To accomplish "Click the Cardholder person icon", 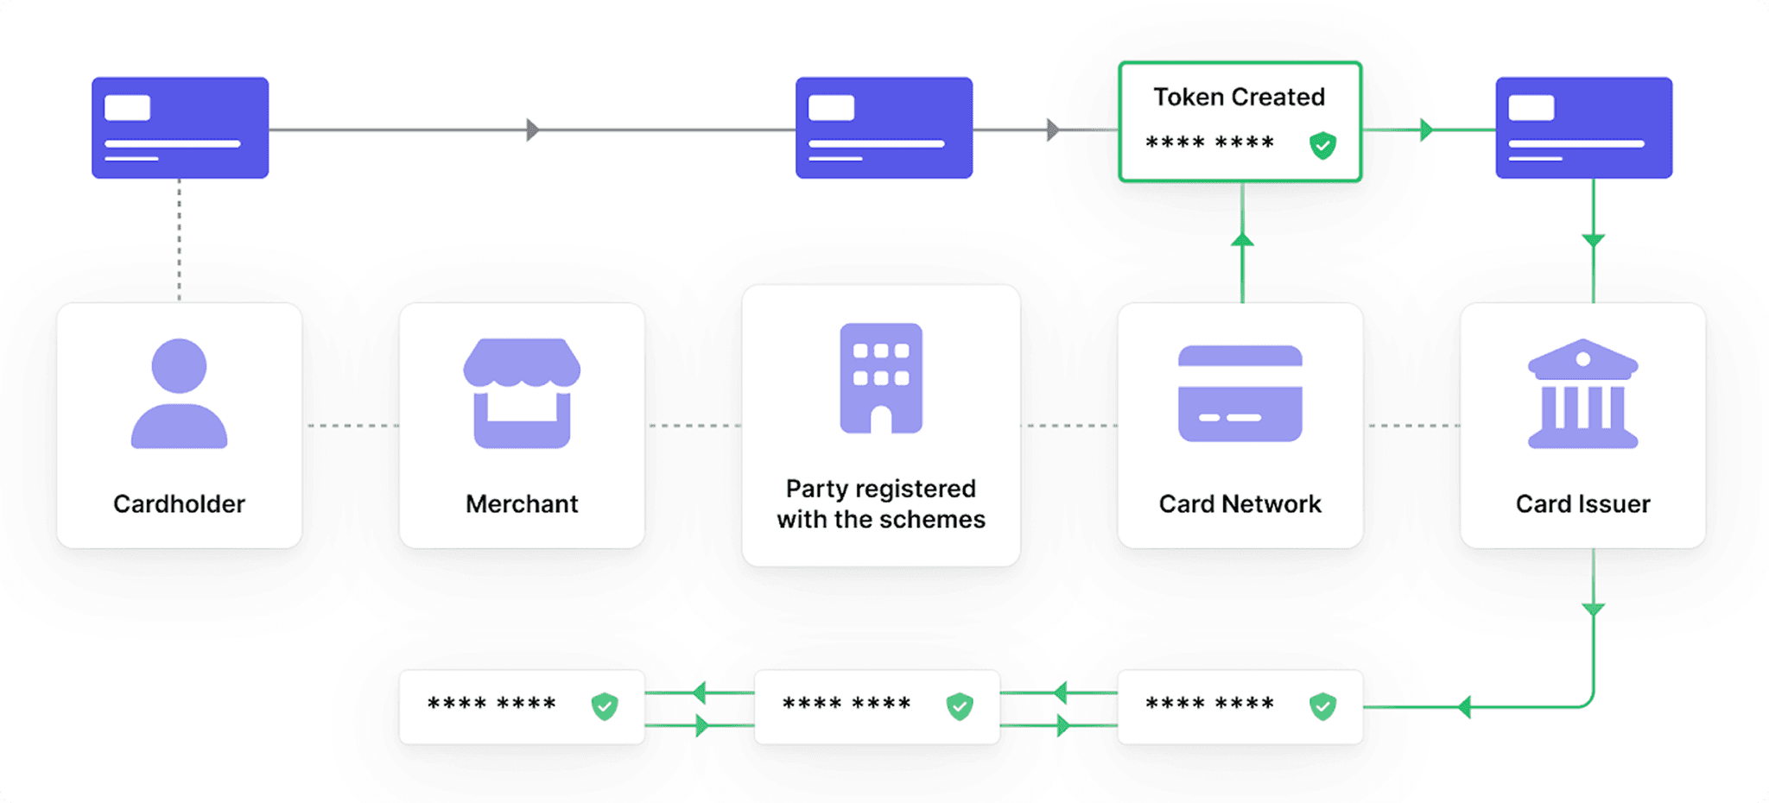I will pyautogui.click(x=179, y=394).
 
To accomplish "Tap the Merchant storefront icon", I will pyautogui.click(x=522, y=394).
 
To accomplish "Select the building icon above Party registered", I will pyautogui.click(x=881, y=378).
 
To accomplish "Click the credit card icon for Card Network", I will pyautogui.click(x=1240, y=394).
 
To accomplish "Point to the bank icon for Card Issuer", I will pyautogui.click(x=1582, y=394).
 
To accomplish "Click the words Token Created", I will pyautogui.click(x=1239, y=97).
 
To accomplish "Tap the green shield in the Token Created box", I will pyautogui.click(x=1322, y=145).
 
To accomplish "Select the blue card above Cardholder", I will pyautogui.click(x=180, y=128).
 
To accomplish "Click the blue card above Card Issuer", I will pyautogui.click(x=1583, y=128).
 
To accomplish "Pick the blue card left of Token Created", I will pyautogui.click(x=884, y=128).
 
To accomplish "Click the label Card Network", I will pyautogui.click(x=1240, y=503).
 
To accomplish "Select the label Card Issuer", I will pyautogui.click(x=1582, y=503).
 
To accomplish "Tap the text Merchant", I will pyautogui.click(x=522, y=503).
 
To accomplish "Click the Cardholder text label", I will pyautogui.click(x=179, y=503).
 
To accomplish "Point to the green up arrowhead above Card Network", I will pyautogui.click(x=1242, y=239).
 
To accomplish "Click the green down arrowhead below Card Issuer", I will pyautogui.click(x=1593, y=610).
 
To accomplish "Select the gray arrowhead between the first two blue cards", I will pyautogui.click(x=532, y=130).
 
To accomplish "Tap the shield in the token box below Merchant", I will pyautogui.click(x=605, y=706).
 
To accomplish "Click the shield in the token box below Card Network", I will pyautogui.click(x=1322, y=706).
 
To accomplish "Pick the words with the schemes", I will pyautogui.click(x=881, y=519).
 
